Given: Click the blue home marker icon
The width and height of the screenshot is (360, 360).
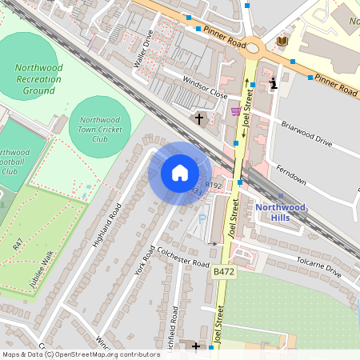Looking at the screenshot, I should coord(180,173).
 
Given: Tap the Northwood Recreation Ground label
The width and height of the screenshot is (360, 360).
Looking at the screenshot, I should coord(39,78).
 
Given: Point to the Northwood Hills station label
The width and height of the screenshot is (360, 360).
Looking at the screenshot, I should coord(280,212).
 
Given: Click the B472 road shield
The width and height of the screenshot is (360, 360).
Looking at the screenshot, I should coord(223,273).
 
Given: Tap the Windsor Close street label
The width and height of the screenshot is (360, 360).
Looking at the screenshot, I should coord(206,87).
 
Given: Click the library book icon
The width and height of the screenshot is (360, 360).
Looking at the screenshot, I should coord(282,40).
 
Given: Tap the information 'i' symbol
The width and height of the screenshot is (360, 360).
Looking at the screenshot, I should coord(274,82).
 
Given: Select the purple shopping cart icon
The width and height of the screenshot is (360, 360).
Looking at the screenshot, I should coord(235,111).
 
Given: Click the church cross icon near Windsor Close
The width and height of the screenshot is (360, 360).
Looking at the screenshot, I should coord(198,119).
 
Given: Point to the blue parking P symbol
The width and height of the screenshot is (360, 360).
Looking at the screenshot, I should coord(202,217).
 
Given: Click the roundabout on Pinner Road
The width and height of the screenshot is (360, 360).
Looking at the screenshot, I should coord(254,48).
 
